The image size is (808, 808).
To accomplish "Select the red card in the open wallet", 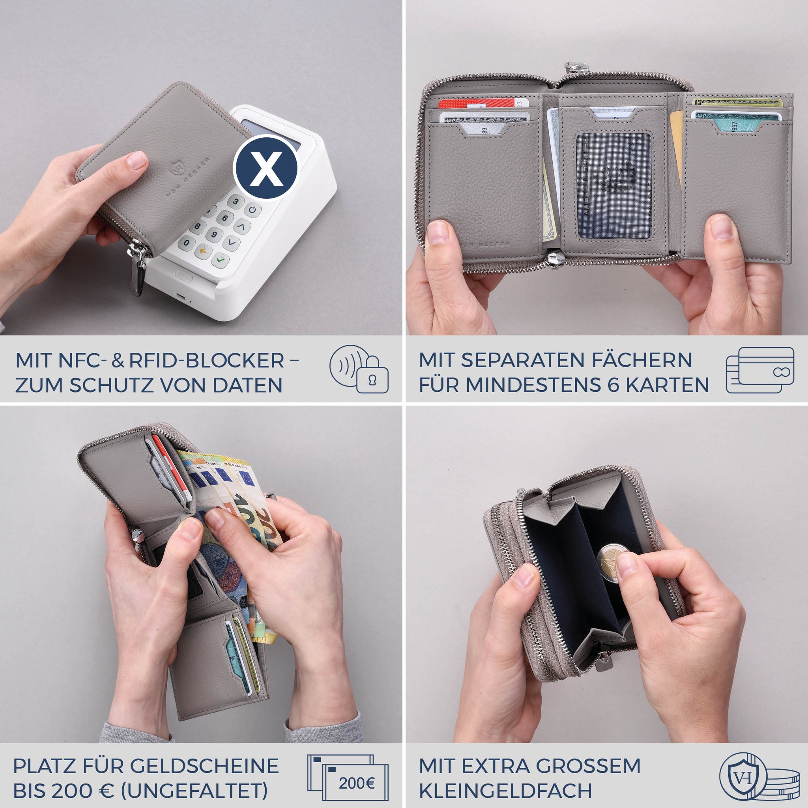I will [477, 103].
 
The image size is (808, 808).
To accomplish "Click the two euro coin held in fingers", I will [612, 563].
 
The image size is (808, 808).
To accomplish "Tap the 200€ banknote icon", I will [355, 783].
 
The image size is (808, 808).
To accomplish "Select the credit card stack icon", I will [760, 370].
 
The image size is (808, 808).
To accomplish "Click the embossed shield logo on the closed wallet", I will [177, 168].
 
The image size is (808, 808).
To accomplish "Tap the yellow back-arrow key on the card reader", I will [203, 251].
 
